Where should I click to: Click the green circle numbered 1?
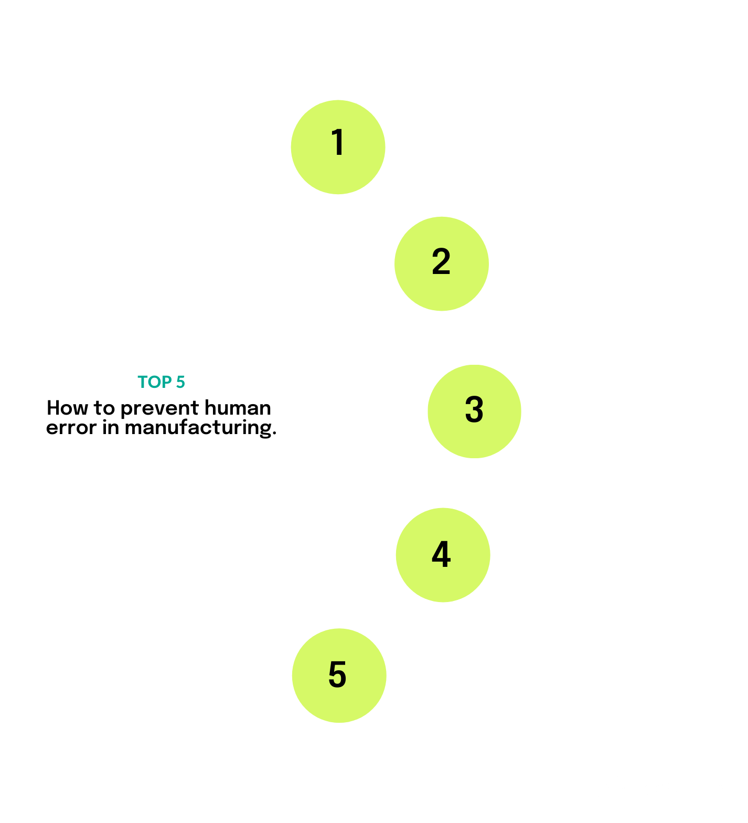point(338,147)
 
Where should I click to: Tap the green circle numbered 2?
point(441,263)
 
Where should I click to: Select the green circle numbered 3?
point(474,411)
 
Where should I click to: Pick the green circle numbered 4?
point(442,555)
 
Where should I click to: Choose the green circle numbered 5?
point(338,676)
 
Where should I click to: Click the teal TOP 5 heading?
point(161,382)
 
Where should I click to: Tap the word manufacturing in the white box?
point(200,428)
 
